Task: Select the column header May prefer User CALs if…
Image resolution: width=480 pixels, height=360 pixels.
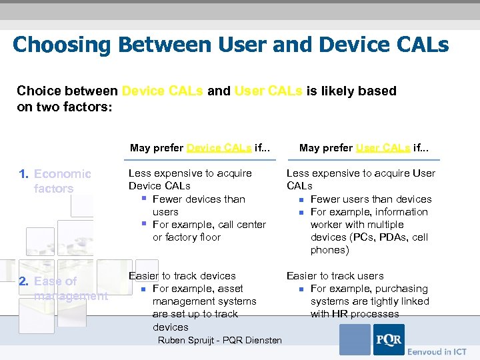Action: click(x=364, y=148)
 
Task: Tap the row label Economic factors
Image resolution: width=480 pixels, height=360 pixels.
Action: click(x=61, y=181)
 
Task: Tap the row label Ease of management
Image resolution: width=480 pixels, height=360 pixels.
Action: click(x=69, y=289)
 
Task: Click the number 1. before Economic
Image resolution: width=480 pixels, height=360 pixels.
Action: click(x=23, y=174)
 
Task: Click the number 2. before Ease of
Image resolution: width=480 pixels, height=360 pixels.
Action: click(x=23, y=281)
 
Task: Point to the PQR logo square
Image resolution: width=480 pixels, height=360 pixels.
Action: click(x=388, y=339)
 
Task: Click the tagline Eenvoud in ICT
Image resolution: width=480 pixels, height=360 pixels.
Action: click(x=437, y=351)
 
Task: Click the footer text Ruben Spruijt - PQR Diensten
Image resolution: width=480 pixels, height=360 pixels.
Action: click(x=219, y=341)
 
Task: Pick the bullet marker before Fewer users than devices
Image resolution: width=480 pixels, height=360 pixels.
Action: click(x=301, y=199)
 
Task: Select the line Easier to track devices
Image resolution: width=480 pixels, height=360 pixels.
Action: click(x=182, y=276)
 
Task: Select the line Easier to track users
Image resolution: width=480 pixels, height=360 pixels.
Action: click(x=335, y=276)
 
